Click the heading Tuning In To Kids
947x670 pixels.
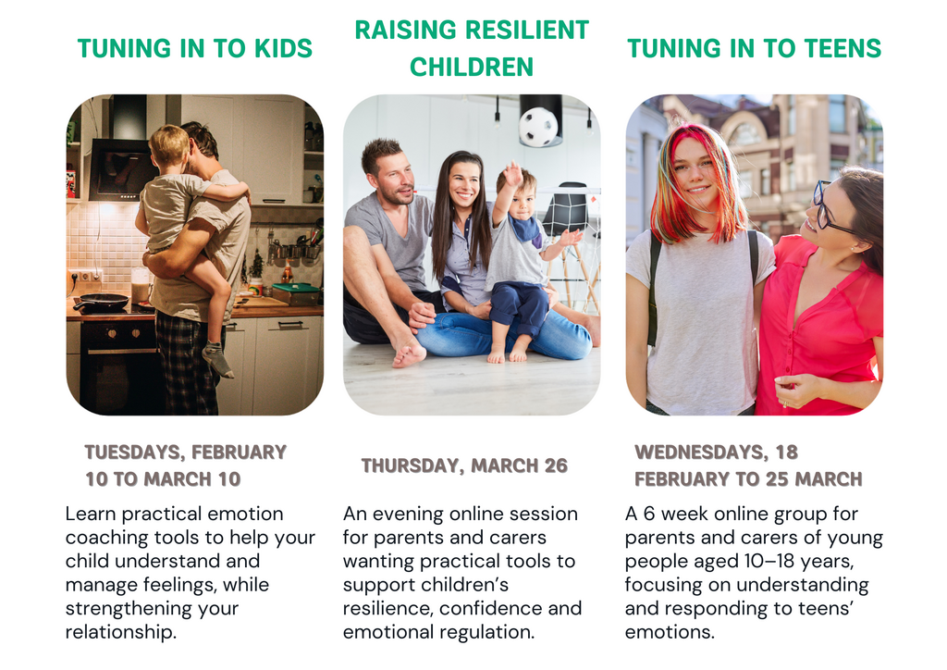(x=194, y=48)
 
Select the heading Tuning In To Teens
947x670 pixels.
(x=755, y=48)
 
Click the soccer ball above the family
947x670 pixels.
(x=538, y=126)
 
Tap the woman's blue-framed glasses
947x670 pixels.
(x=829, y=208)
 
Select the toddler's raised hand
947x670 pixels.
(x=512, y=175)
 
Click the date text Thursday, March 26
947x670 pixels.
(x=464, y=465)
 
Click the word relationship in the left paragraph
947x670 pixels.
(x=121, y=632)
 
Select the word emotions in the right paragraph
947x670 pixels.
(x=670, y=633)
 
